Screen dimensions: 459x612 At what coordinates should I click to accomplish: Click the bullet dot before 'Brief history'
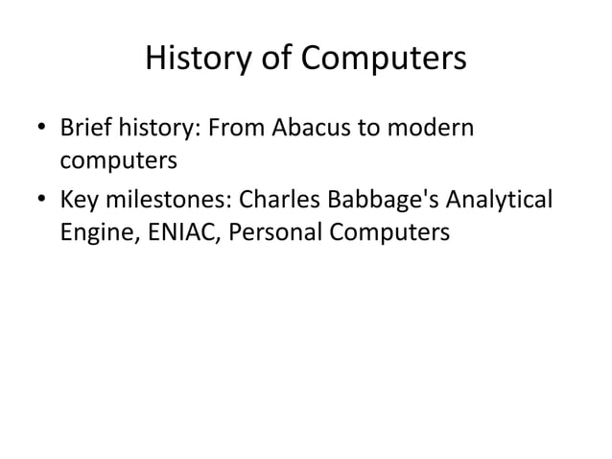pos(42,130)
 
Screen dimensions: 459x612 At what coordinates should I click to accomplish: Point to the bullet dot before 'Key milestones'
pos(42,204)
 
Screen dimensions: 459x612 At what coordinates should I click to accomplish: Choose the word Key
pos(79,202)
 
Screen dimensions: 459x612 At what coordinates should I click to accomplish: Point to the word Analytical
pos(500,202)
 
